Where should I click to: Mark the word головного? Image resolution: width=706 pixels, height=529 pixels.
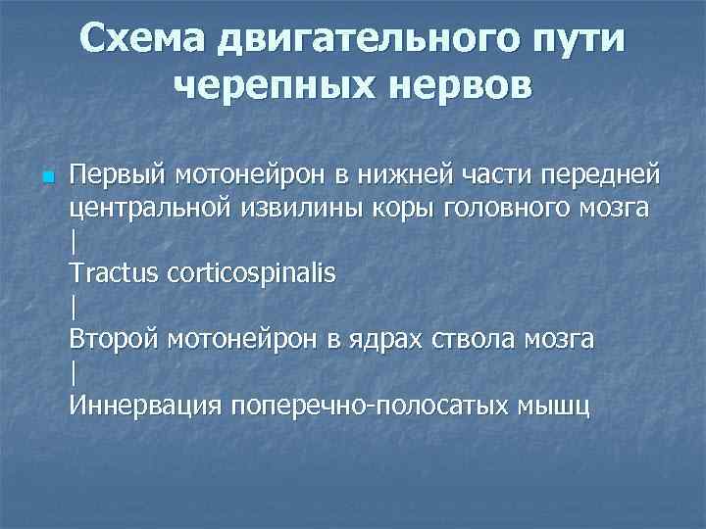pos(508,208)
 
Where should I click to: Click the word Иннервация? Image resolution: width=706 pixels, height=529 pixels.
pos(145,404)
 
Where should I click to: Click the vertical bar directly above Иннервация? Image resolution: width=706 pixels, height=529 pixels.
pos(74,372)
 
